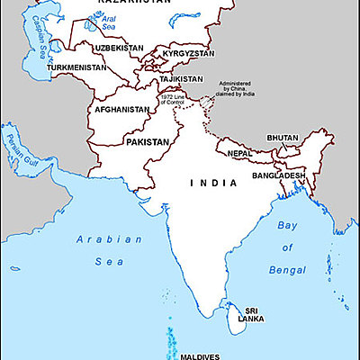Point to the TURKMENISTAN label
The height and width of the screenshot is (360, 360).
pyautogui.click(x=76, y=67)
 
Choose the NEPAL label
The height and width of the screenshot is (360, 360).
pyautogui.click(x=238, y=153)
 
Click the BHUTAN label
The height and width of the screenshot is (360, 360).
pyautogui.click(x=282, y=138)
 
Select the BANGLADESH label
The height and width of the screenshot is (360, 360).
pyautogui.click(x=279, y=175)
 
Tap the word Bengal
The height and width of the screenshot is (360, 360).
pyautogui.click(x=287, y=268)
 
